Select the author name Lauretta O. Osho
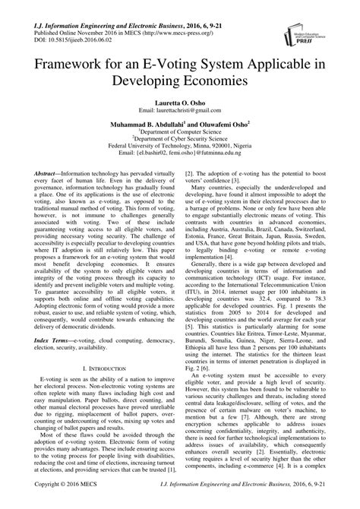[179, 100]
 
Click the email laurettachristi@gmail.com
[179, 110]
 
